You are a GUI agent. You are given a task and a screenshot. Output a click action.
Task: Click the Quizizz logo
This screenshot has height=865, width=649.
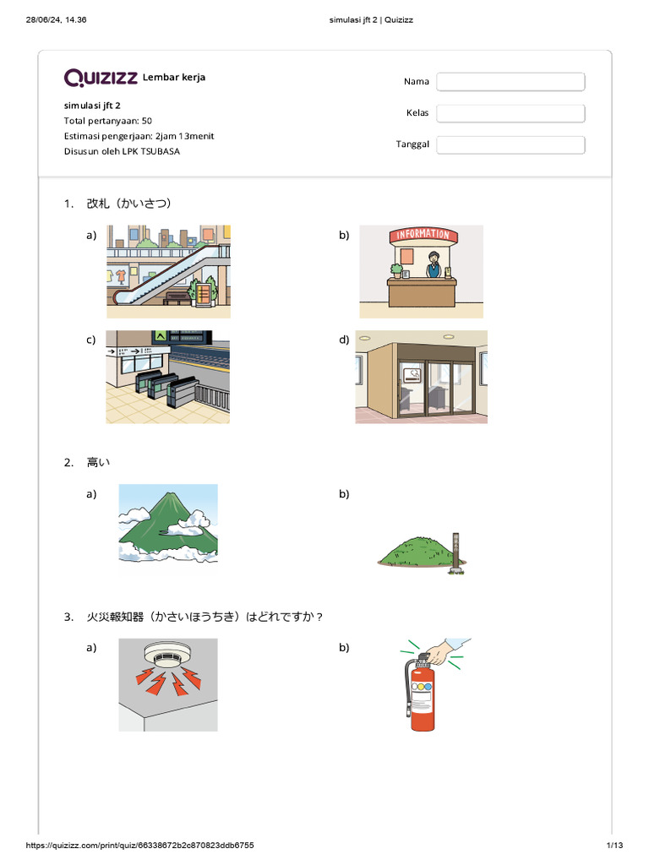pyautogui.click(x=101, y=78)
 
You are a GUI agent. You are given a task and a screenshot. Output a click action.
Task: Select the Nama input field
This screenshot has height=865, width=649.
pyautogui.click(x=510, y=82)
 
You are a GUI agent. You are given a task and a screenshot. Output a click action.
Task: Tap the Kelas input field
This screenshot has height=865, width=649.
pyautogui.click(x=510, y=113)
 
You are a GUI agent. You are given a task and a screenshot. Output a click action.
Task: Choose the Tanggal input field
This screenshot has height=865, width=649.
pyautogui.click(x=510, y=144)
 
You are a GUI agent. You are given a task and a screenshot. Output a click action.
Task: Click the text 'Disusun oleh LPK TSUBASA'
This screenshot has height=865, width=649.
pyautogui.click(x=122, y=151)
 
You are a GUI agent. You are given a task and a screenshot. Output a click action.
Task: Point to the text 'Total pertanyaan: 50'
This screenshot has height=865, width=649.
pyautogui.click(x=108, y=121)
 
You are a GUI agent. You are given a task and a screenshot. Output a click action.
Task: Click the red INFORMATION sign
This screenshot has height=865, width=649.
pyautogui.click(x=421, y=234)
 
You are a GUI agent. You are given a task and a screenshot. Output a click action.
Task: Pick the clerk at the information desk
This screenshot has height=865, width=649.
pyautogui.click(x=434, y=264)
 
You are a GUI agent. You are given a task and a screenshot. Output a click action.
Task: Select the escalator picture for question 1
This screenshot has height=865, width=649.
pyautogui.click(x=168, y=271)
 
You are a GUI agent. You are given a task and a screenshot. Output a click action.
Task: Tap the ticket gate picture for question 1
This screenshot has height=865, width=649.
pyautogui.click(x=167, y=377)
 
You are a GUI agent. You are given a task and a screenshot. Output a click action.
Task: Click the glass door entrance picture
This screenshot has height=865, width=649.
pyautogui.click(x=421, y=377)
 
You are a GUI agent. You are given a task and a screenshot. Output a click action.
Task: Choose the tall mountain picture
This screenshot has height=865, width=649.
pyautogui.click(x=168, y=524)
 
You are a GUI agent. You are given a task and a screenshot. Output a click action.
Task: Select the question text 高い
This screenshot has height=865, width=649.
pyautogui.click(x=98, y=462)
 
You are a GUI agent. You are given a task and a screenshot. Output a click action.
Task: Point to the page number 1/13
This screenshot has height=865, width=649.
pyautogui.click(x=614, y=846)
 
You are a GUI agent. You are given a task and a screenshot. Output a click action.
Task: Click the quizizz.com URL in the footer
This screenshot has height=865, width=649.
pyautogui.click(x=140, y=846)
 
